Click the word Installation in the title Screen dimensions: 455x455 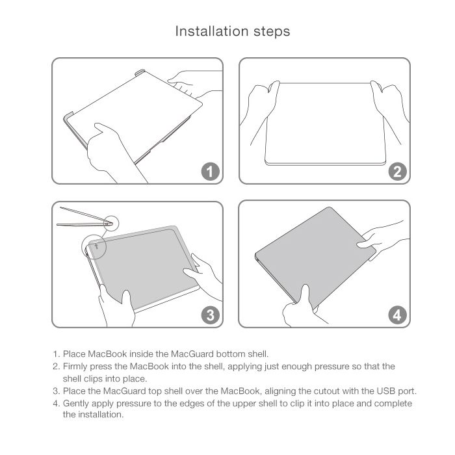tap(211, 31)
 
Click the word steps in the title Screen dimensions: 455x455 tap(272, 32)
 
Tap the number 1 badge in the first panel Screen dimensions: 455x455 tap(211, 171)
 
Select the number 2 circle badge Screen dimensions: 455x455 tap(398, 171)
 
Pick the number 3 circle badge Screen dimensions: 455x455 tap(211, 315)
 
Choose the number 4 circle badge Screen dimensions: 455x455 tap(398, 315)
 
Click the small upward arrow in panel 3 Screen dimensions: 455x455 tap(97, 246)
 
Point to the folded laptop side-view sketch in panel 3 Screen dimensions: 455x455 tap(84, 217)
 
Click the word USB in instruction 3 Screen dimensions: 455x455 tap(386, 391)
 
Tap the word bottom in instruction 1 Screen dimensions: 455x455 tap(231, 354)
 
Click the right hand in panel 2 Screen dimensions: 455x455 tap(389, 107)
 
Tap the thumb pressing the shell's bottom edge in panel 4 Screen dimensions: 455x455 tap(305, 296)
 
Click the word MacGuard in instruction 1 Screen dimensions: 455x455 tap(192, 354)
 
